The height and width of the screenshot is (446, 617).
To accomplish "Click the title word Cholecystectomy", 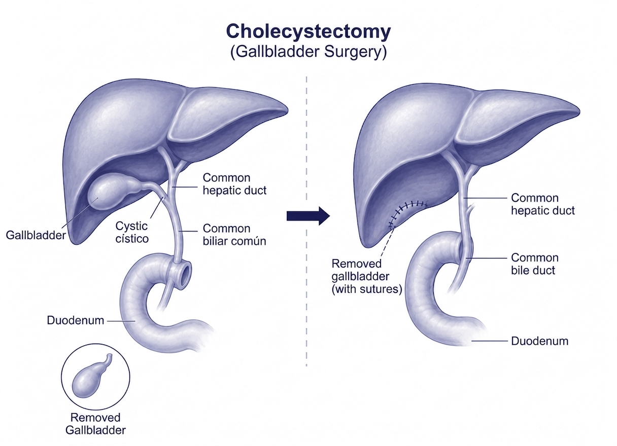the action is click(308, 31).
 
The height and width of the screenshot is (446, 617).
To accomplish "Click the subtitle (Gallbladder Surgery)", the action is click(308, 52).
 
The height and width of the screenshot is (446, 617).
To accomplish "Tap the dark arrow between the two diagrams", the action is click(308, 216).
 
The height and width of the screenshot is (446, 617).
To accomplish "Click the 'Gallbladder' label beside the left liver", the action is click(36, 235).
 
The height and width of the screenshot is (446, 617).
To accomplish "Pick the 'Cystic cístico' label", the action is click(132, 232).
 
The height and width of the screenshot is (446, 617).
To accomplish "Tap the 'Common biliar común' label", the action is click(234, 235).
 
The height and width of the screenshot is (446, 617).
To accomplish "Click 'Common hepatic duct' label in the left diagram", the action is click(234, 184).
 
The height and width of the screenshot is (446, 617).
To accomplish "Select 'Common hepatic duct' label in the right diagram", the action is click(543, 204).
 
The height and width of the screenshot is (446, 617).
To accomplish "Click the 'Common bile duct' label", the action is click(535, 264).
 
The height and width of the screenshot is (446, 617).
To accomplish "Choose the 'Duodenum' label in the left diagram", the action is click(76, 320).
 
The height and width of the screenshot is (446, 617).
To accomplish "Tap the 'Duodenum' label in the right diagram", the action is click(539, 341).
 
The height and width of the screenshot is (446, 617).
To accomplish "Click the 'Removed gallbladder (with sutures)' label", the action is click(367, 276).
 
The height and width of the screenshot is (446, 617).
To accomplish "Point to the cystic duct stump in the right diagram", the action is click(470, 212).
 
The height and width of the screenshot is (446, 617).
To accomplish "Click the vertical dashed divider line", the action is click(306, 221).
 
